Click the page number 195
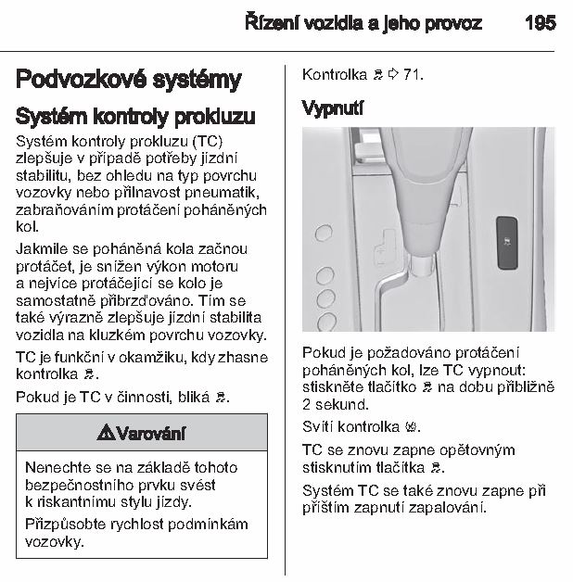(540, 23)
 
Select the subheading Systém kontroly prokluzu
(135, 118)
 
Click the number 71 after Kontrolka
(413, 73)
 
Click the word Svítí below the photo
(319, 427)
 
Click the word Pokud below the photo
(323, 353)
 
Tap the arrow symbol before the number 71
(393, 73)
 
